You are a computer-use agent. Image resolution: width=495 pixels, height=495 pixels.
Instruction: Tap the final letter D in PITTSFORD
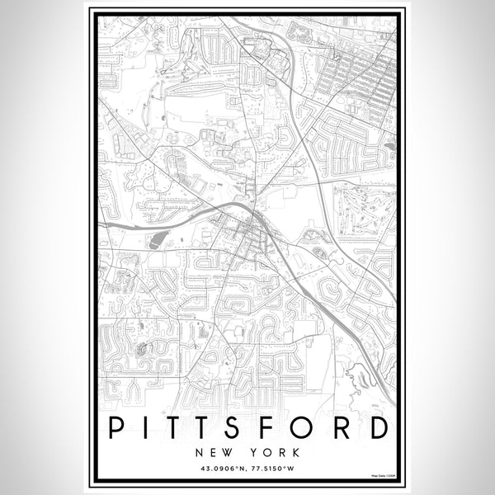[378, 429]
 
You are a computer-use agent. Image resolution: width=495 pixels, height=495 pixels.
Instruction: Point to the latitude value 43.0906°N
[219, 469]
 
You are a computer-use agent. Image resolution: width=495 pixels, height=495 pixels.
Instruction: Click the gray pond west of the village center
[157, 240]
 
